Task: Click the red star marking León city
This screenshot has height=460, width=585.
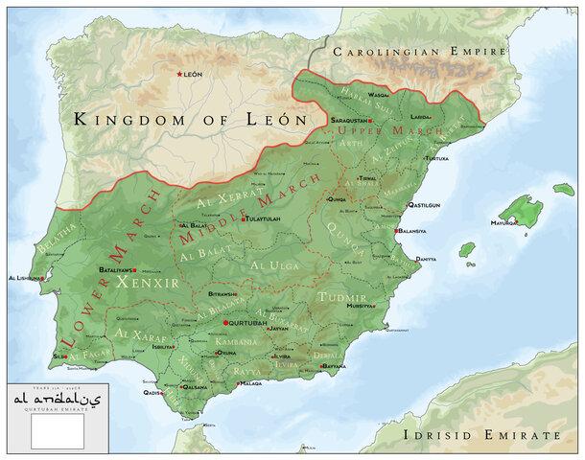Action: pyautogui.click(x=178, y=74)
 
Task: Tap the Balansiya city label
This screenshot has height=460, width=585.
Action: pyautogui.click(x=415, y=231)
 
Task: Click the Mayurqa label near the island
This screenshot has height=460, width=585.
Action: pyautogui.click(x=503, y=222)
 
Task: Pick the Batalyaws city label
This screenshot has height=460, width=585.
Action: pyautogui.click(x=115, y=270)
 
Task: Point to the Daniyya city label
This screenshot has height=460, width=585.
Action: pyautogui.click(x=426, y=260)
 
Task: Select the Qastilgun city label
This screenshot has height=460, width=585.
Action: pyautogui.click(x=424, y=204)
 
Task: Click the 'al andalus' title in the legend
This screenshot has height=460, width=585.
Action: pyautogui.click(x=57, y=397)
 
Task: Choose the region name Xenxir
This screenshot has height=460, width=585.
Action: pyautogui.click(x=133, y=283)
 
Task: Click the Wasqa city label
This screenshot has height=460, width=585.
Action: pyautogui.click(x=379, y=96)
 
